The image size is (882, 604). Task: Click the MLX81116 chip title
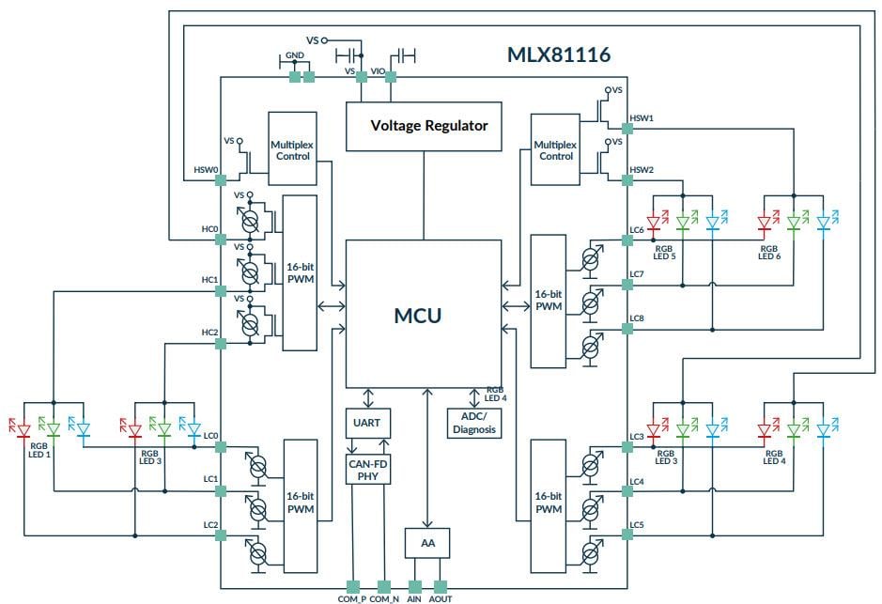point(559,55)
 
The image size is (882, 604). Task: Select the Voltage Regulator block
point(429,126)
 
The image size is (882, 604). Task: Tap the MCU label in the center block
point(417,315)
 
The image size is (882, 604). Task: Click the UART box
point(367,424)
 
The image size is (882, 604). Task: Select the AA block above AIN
point(428,543)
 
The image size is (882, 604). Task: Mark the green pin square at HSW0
point(221,171)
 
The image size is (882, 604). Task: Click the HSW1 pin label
point(642,118)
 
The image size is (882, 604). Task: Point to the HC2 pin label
point(209,333)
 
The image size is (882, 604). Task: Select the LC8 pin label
point(637,318)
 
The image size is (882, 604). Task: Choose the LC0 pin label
point(210,436)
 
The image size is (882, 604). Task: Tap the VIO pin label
point(378,70)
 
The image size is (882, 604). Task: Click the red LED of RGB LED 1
point(25,430)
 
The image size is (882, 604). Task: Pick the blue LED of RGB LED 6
point(824,223)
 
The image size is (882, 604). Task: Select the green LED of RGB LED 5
point(683,223)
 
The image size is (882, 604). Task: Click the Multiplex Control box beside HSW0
point(291,150)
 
